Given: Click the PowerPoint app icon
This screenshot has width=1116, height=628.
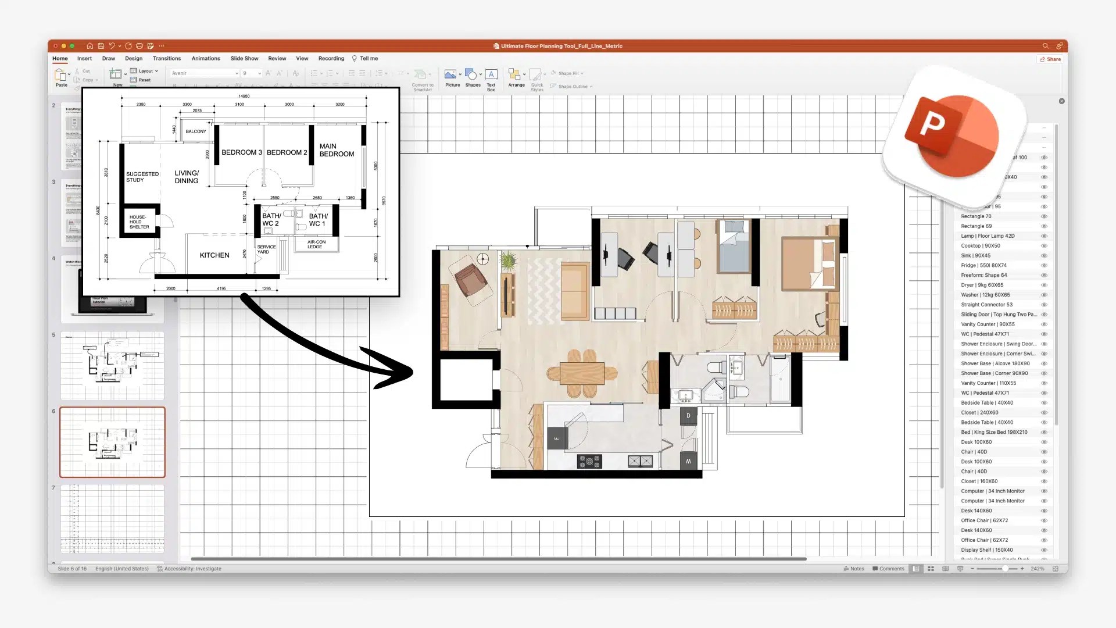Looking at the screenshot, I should (x=954, y=137).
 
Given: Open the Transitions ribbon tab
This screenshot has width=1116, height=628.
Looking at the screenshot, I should (x=167, y=59).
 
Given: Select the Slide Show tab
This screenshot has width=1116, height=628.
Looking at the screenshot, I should (x=244, y=59).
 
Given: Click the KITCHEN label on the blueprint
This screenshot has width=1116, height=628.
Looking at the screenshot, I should (x=214, y=255).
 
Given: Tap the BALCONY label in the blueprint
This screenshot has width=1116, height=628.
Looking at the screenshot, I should (x=196, y=131).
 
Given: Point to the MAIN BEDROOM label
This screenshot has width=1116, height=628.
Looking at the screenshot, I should (x=337, y=150).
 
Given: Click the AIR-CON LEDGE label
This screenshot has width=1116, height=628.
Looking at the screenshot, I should (x=316, y=244).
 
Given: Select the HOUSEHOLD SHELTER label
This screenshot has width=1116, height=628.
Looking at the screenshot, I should (x=139, y=222).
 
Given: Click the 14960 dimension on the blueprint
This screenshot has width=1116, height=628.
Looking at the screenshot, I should (x=244, y=96).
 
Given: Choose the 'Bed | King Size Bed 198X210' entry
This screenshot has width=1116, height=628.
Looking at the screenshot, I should (x=994, y=432).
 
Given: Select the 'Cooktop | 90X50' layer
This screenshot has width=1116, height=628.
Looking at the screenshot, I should (x=981, y=245).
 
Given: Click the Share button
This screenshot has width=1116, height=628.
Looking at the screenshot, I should (x=1050, y=59).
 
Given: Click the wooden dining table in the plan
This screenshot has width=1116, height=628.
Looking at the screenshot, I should (x=582, y=372).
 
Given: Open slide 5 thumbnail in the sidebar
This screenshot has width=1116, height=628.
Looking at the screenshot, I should (x=112, y=366).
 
